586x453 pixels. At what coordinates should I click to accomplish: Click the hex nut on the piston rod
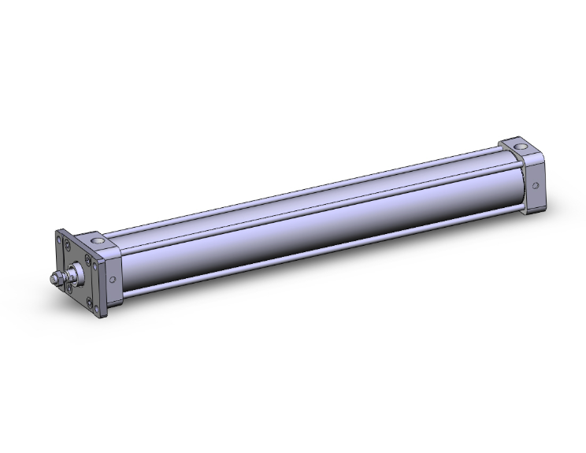pyautogui.click(x=59, y=277)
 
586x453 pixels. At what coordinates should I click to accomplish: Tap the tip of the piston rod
pyautogui.click(x=52, y=279)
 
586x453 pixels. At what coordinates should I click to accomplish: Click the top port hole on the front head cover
pyautogui.click(x=97, y=240)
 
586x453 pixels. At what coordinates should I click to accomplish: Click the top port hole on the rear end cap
pyautogui.click(x=521, y=147)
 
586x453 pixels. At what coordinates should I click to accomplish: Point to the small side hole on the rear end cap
pyautogui.click(x=536, y=187)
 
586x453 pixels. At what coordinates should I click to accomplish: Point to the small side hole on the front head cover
pyautogui.click(x=113, y=279)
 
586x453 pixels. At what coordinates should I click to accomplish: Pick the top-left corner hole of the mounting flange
pyautogui.click(x=58, y=239)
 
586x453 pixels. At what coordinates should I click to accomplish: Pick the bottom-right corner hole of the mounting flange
pyautogui.click(x=96, y=309)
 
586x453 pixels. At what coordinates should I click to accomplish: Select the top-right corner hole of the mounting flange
pyautogui.click(x=95, y=266)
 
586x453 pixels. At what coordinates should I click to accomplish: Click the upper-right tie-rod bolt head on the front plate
pyautogui.click(x=87, y=258)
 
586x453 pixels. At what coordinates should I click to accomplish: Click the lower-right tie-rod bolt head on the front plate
pyautogui.click(x=89, y=303)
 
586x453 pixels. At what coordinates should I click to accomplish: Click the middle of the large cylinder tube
pyautogui.click(x=315, y=228)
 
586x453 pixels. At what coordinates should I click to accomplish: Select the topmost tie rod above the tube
pyautogui.click(x=315, y=189)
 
